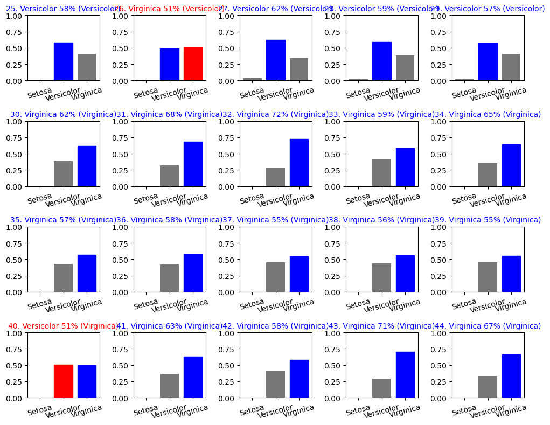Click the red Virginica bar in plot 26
click(193, 64)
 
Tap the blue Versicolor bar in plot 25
click(63, 61)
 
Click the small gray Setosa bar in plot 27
click(252, 79)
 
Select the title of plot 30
click(63, 114)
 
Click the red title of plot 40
click(63, 326)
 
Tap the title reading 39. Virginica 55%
click(488, 220)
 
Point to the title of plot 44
click(488, 326)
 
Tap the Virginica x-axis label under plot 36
click(192, 305)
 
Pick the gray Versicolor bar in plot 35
click(63, 278)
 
